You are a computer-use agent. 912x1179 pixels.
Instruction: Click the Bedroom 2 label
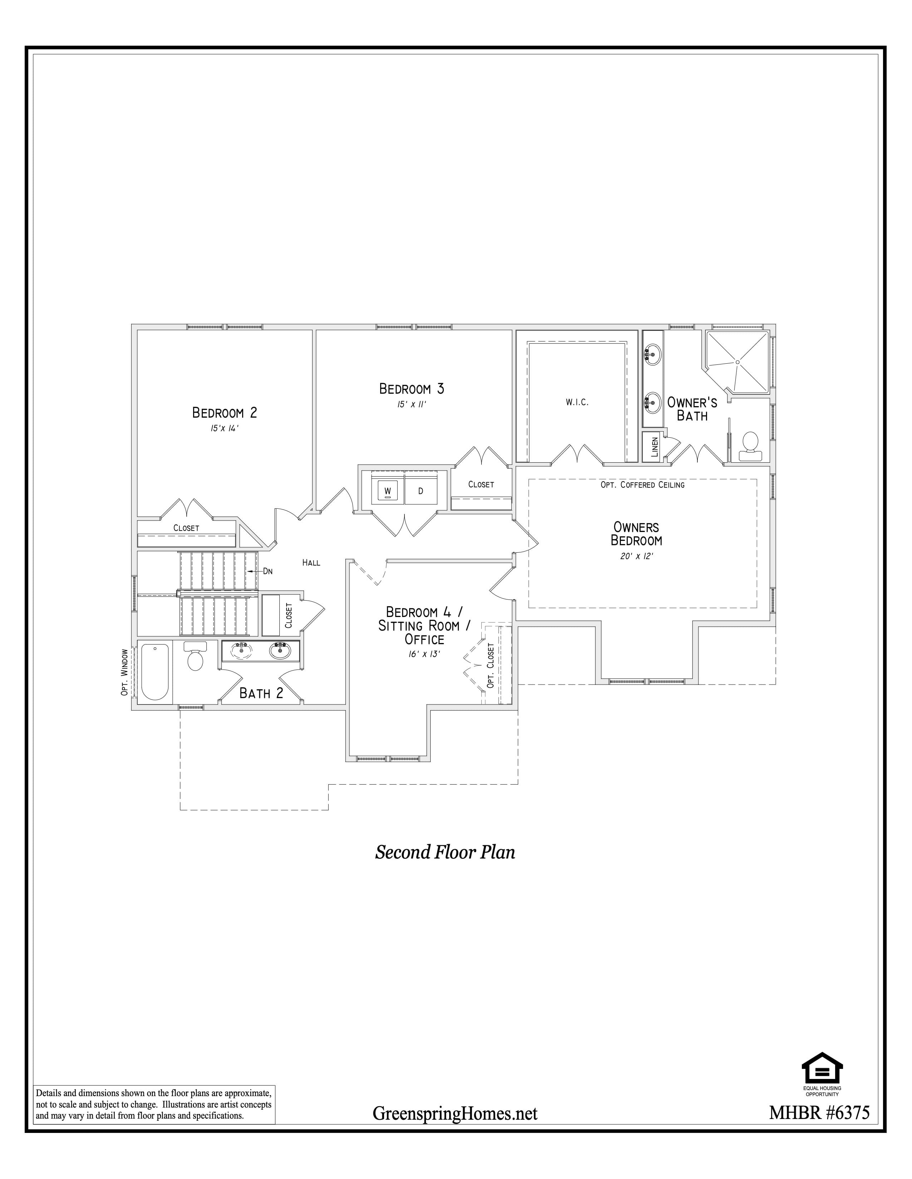pos(225,413)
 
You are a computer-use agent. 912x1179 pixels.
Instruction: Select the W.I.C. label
pos(577,402)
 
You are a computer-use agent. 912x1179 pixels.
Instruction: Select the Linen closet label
pos(655,447)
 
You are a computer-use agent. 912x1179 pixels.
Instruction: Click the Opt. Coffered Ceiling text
pos(642,485)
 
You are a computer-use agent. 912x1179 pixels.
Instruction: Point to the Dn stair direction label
pos(268,571)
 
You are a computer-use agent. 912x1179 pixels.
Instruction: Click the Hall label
pos(311,562)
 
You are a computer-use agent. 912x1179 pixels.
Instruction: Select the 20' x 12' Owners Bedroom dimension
pos(637,556)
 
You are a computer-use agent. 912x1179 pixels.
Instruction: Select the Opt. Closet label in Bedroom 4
pos(491,665)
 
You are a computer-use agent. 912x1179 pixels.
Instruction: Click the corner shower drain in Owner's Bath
pos(737,361)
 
